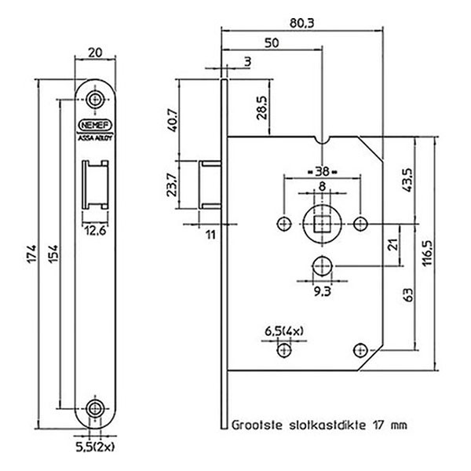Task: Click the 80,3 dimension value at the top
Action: coord(301,23)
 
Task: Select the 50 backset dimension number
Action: coord(272,43)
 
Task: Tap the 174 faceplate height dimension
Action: coord(31,254)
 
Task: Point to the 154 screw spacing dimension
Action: coord(53,254)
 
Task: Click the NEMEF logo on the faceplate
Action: coord(95,125)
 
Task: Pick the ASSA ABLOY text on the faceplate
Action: coord(95,138)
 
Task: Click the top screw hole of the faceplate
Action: coord(95,99)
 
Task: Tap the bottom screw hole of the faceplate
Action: coord(95,408)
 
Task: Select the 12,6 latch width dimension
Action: coord(95,231)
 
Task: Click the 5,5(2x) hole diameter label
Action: coord(95,447)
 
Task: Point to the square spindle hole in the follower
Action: coord(322,224)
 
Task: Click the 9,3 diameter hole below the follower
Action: coord(323,266)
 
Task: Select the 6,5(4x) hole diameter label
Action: coord(284,331)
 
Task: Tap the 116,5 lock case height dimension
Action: coord(427,253)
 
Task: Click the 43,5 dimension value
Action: coord(408,181)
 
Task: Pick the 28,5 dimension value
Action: coord(262,108)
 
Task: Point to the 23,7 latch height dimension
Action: coord(172,185)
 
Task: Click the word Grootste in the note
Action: coord(257,425)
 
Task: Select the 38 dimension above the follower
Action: coord(322,171)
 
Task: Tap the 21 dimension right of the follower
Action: coord(393,244)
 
